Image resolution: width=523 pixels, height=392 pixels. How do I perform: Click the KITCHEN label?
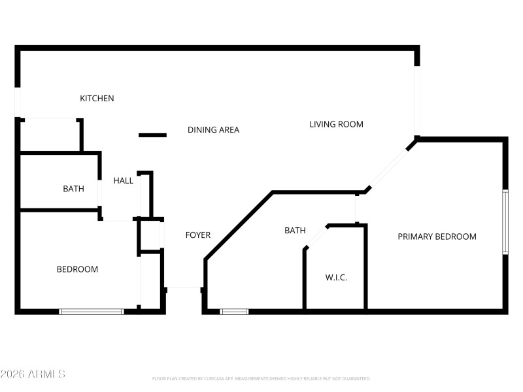tap(97, 99)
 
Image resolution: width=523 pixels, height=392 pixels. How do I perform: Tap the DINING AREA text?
tap(213, 130)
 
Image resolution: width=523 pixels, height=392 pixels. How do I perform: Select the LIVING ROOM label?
tap(336, 124)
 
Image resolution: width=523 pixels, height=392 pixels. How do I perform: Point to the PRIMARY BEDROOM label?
tap(437, 237)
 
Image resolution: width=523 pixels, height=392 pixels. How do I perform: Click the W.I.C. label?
tap(336, 278)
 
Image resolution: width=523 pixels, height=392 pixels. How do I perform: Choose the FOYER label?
tap(197, 235)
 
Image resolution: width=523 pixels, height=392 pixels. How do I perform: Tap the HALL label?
tap(123, 180)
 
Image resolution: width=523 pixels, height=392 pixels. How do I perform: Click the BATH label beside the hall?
tap(73, 189)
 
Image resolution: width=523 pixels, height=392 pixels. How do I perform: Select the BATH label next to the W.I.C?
tap(295, 231)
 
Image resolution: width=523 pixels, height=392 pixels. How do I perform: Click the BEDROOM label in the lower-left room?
tap(77, 269)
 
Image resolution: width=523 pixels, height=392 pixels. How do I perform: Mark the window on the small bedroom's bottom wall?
tap(92, 312)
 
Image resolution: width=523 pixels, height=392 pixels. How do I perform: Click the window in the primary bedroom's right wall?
tap(505, 222)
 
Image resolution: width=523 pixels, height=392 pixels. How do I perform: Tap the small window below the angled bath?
tap(234, 312)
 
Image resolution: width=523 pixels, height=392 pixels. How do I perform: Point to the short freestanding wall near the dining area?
tap(153, 135)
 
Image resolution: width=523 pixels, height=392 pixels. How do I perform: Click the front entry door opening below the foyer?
tap(183, 287)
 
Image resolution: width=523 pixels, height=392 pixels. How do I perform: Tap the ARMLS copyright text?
tap(33, 374)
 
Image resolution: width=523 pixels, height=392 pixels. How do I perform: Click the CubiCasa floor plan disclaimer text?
tap(261, 379)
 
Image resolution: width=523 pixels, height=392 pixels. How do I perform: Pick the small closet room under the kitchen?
tap(50, 135)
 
